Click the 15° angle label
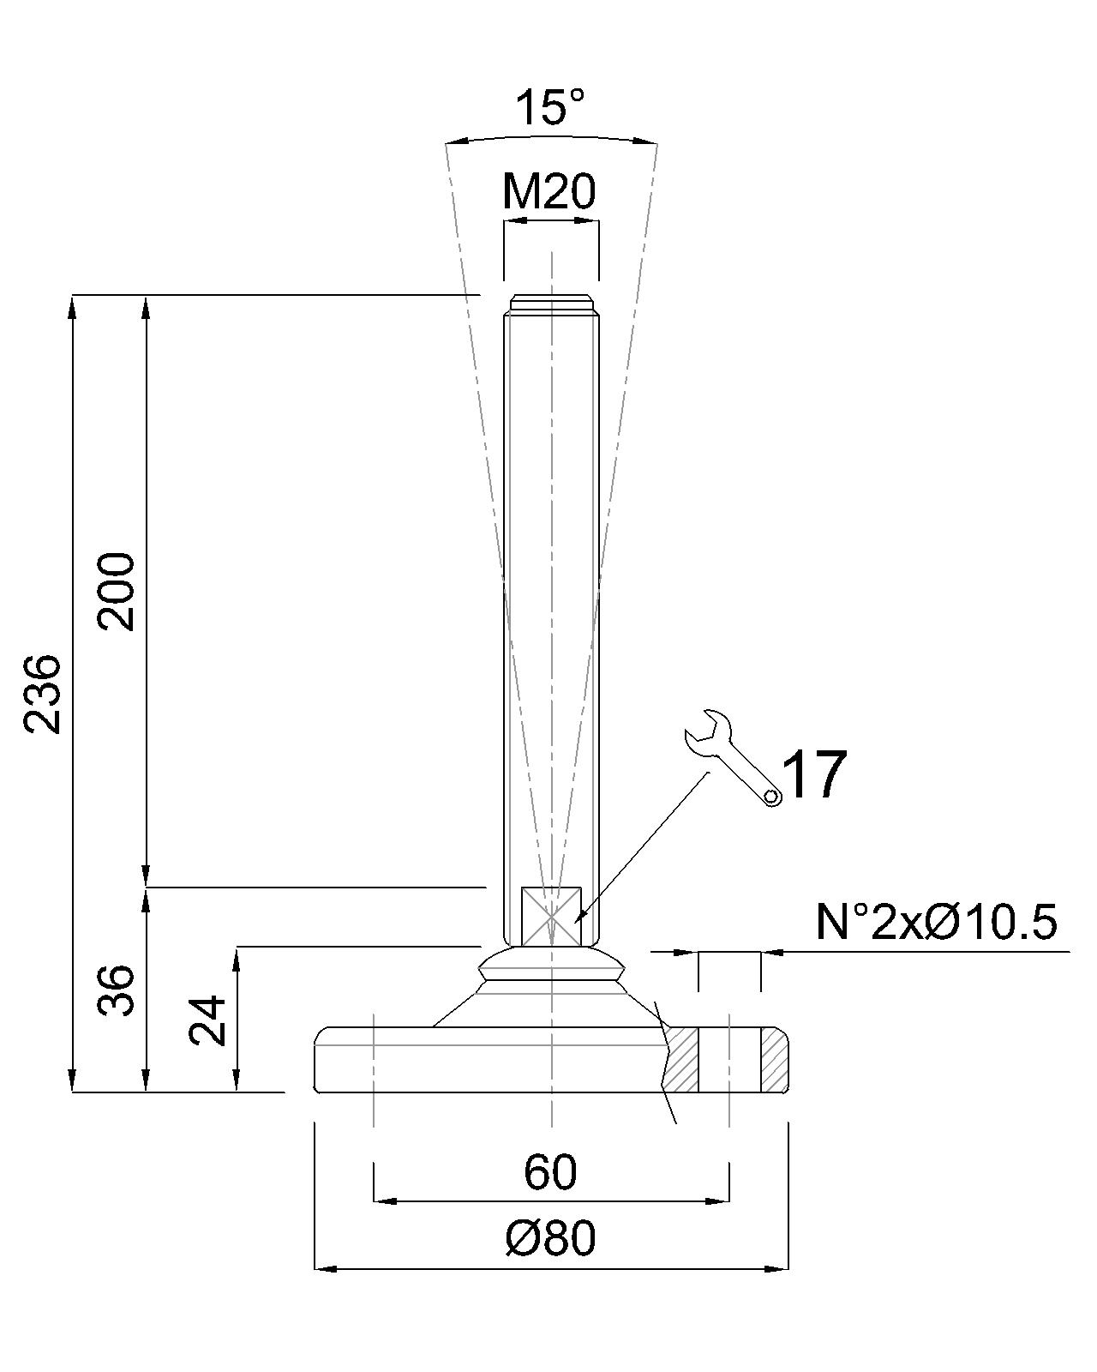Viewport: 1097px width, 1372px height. [x=549, y=107]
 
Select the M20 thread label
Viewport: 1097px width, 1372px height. [x=549, y=192]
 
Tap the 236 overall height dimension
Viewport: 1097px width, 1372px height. [x=42, y=694]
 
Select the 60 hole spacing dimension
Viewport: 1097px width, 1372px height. [x=550, y=1172]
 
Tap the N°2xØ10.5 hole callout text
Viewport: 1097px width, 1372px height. [x=937, y=921]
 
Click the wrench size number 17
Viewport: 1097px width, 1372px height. [x=814, y=774]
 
